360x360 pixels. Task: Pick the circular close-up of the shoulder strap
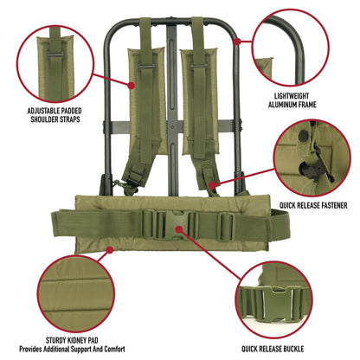coord(56,58)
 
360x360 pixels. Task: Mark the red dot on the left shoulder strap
coord(132,85)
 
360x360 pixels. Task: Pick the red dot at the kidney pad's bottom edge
coord(110,251)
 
